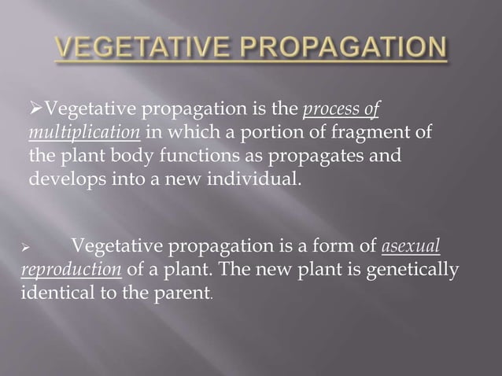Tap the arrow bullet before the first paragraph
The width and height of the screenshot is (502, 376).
coord(33,108)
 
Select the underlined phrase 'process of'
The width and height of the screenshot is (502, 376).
coord(346,108)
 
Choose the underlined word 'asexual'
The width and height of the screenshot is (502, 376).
coord(410,250)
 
